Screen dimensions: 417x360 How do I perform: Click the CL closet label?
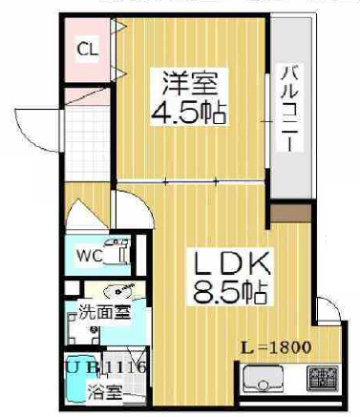[86, 49]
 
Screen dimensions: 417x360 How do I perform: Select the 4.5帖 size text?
[188, 113]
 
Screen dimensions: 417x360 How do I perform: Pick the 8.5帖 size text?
[232, 289]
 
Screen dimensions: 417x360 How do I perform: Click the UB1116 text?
[100, 366]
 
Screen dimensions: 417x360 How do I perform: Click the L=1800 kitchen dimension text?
[276, 346]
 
